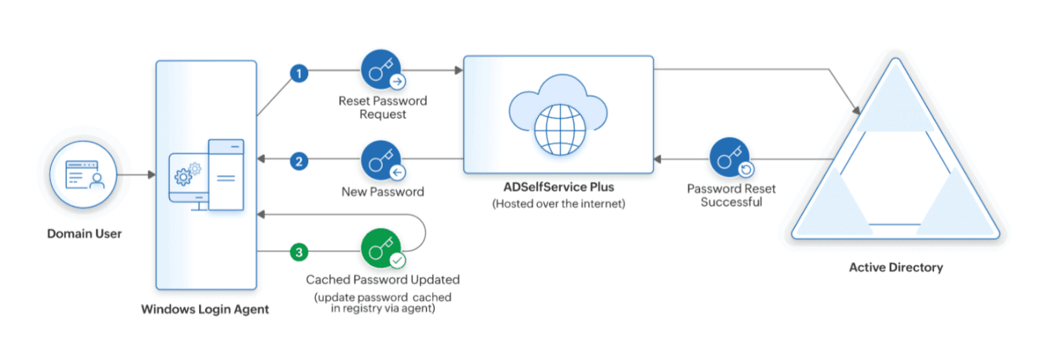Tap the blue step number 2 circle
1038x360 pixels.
(299, 162)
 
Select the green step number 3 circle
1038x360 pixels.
(299, 252)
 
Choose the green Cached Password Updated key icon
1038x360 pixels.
(381, 249)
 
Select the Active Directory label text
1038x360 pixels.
(896, 268)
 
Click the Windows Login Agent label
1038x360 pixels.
(205, 309)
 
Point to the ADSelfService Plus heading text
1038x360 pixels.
(558, 187)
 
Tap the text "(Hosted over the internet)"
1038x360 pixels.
(558, 204)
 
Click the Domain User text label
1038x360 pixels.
(83, 234)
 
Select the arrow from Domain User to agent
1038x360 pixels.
(136, 176)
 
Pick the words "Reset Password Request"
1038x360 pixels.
(382, 107)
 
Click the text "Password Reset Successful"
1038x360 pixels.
(730, 195)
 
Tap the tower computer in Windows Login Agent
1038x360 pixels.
(226, 174)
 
